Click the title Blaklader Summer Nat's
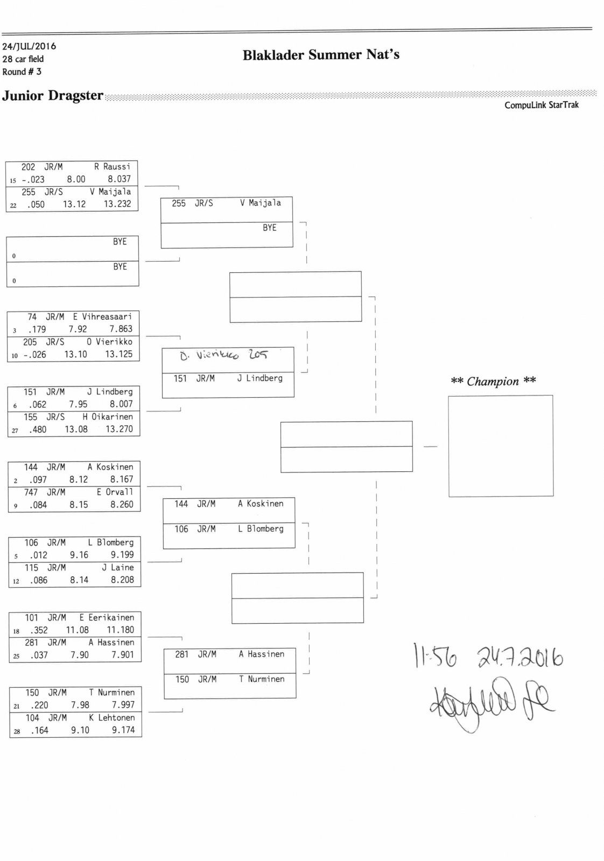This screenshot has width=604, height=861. click(x=321, y=55)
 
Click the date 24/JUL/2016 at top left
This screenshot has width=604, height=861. click(x=29, y=46)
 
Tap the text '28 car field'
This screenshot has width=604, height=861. click(x=23, y=59)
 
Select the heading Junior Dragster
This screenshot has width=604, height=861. click(x=53, y=96)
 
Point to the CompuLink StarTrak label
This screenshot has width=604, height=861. click(x=541, y=105)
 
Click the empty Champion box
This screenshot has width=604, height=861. click(x=501, y=446)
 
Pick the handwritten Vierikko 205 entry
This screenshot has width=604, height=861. click(x=223, y=355)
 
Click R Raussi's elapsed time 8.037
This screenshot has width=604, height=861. click(x=119, y=179)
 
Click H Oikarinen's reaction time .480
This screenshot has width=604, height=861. click(x=37, y=429)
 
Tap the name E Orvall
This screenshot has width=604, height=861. click(x=115, y=492)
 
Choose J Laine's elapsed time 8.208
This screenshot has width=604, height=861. click(x=122, y=580)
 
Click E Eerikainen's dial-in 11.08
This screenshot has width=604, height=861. click(x=78, y=630)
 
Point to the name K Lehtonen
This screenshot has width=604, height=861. click(x=112, y=717)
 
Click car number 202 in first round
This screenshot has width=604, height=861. click(x=28, y=167)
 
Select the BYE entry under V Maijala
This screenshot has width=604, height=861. click(x=269, y=228)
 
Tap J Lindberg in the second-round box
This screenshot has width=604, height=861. click(x=259, y=378)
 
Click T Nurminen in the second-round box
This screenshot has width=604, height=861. click(x=262, y=679)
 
